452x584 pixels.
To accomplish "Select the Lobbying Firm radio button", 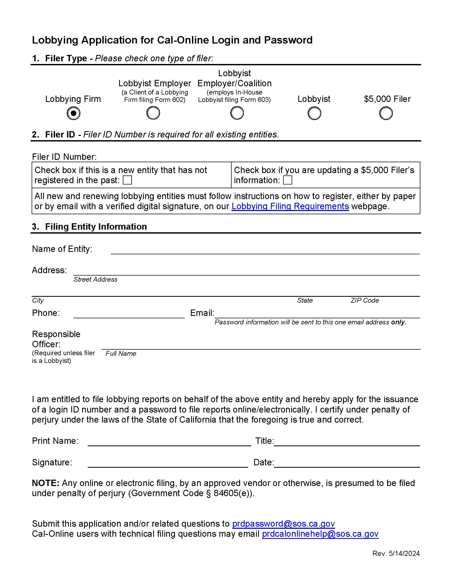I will click(73, 113).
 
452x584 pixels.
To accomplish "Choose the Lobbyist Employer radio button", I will click(153, 113).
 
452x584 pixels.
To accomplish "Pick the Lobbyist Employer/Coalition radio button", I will click(237, 113).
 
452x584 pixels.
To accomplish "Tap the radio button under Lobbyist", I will click(314, 113).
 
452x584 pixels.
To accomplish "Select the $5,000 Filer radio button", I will click(386, 113).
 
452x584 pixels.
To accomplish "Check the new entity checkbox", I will click(127, 180).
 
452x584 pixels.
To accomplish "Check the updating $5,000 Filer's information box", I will click(288, 180).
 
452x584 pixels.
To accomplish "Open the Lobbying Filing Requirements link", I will click(290, 207).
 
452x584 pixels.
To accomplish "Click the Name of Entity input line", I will click(265, 250).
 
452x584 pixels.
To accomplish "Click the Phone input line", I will click(129, 314).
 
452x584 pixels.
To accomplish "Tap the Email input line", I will click(317, 314).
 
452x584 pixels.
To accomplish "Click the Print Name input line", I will click(169, 441).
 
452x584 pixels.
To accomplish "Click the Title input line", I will click(347, 441).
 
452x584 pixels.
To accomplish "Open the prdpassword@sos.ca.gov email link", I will click(283, 523).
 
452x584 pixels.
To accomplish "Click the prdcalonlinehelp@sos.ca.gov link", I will click(320, 534).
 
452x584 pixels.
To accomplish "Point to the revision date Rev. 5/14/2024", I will click(396, 553).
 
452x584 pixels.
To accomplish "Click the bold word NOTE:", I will click(45, 483).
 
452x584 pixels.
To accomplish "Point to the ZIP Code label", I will click(365, 300).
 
